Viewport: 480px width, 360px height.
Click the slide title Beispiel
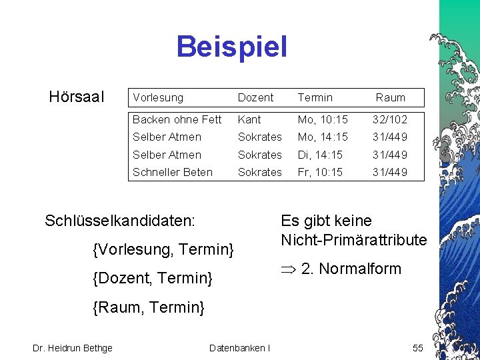coord(231,47)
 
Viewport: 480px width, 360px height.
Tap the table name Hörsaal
coord(77,97)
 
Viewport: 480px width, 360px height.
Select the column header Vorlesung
coord(157,97)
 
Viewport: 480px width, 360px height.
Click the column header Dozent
coord(255,97)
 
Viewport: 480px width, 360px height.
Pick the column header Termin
coord(315,97)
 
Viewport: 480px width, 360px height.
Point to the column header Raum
coord(390,97)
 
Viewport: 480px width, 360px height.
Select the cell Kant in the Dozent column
coord(249,119)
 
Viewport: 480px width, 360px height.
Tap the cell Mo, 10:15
coord(323,119)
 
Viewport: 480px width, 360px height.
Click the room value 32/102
coord(390,119)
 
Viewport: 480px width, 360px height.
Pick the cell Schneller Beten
coord(172,172)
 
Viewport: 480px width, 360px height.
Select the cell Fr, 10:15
coord(320,172)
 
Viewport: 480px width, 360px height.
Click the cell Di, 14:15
coord(320,155)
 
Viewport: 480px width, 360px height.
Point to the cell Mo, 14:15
coord(323,137)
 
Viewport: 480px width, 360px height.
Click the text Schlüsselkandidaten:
coord(120,221)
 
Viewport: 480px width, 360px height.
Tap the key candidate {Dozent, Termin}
coord(153,277)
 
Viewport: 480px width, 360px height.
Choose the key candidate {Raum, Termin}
coord(149,307)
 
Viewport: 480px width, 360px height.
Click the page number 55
coord(417,348)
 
